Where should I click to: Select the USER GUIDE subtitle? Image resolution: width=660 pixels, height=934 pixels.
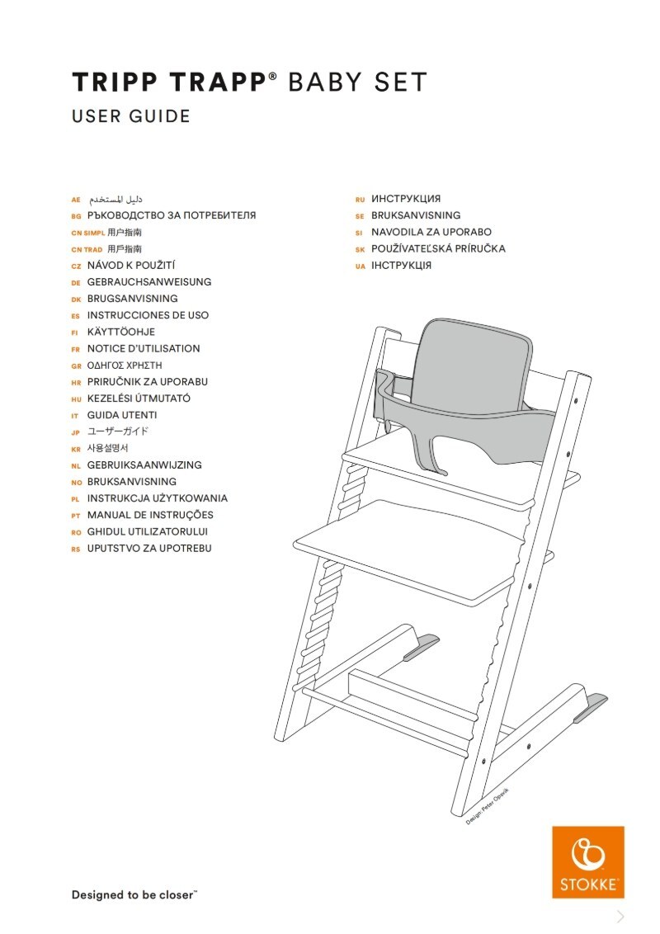point(131,116)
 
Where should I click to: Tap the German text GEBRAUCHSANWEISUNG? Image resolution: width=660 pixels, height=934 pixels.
point(149,282)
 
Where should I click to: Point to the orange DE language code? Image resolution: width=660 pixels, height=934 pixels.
point(76,283)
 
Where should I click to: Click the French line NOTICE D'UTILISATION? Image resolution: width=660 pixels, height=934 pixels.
point(144,349)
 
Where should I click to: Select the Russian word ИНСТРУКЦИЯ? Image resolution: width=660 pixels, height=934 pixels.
point(406,199)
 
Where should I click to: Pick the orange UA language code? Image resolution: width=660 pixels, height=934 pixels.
point(360,267)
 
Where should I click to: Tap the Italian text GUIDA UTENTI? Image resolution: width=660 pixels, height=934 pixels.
point(122,415)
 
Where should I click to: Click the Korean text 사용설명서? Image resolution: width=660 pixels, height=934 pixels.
point(108,449)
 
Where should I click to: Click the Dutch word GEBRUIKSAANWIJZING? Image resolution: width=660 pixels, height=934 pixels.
point(144,465)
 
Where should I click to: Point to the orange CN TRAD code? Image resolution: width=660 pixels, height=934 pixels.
point(87,249)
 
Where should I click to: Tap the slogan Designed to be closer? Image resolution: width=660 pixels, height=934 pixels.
point(134,894)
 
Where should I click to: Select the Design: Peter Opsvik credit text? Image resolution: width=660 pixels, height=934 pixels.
point(488,806)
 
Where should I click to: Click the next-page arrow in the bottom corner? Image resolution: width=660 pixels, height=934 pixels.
point(620,917)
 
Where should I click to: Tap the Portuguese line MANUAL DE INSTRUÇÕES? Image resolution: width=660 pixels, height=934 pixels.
point(150,515)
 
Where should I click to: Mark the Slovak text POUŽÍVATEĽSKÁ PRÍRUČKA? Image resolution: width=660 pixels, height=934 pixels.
point(438,249)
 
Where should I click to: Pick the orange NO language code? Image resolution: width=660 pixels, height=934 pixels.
point(76,482)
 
